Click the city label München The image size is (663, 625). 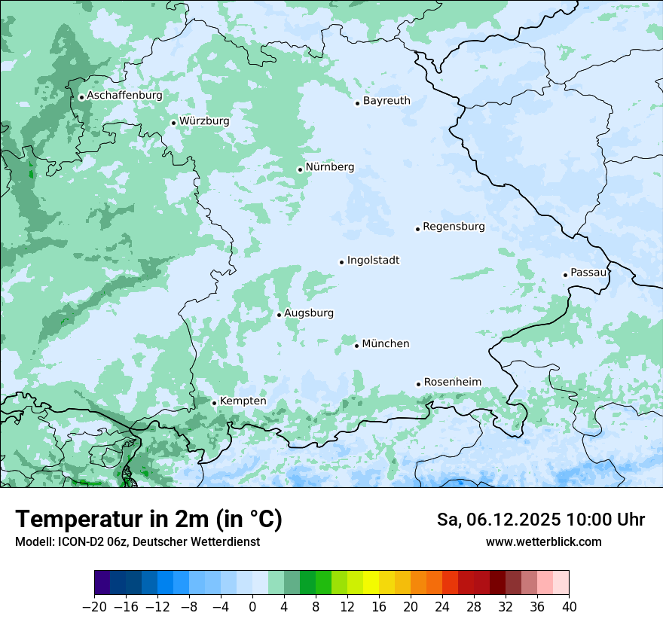coord(386,344)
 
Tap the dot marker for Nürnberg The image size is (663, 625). coord(300,169)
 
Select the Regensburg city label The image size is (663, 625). coord(454,227)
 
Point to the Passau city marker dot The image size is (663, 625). coord(565,275)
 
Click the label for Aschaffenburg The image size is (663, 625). coord(124,96)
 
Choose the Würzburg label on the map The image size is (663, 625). coord(204,121)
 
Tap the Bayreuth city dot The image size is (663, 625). coord(357,103)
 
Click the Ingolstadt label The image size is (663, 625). coord(373,261)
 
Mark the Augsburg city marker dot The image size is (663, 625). coord(279,315)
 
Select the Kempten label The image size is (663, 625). coord(243,401)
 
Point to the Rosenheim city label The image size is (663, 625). coord(452,383)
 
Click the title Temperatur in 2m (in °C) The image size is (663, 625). coord(149,520)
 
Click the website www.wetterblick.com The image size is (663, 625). coord(543,541)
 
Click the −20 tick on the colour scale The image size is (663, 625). coord(94,607)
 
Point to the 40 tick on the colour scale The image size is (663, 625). coord(569,607)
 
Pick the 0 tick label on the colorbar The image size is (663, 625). coord(252,607)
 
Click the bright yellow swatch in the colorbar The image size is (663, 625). coord(371,583)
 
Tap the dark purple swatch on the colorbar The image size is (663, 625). coord(102,583)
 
